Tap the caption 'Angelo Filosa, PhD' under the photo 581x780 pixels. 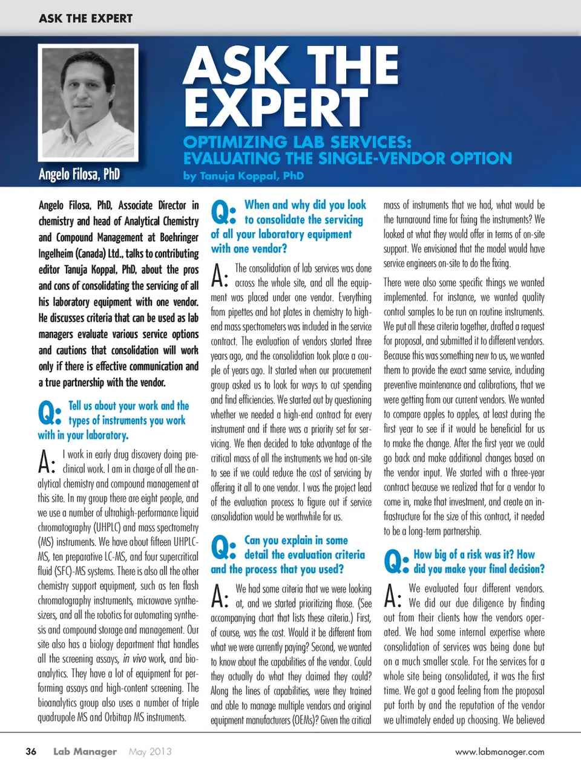coord(79,175)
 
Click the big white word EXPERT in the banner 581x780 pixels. coord(276,108)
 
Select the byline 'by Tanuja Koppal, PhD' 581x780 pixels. coord(243,176)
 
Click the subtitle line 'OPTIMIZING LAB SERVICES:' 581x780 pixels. coord(297,142)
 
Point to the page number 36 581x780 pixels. coord(31,752)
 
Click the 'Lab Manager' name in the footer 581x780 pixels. coord(85,752)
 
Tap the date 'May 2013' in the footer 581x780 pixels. coord(150,752)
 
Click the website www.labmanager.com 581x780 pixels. coord(499,752)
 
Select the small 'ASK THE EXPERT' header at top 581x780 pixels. coord(85,19)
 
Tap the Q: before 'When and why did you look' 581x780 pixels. coord(223,212)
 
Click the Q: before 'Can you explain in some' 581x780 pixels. coord(223,548)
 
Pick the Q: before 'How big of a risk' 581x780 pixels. coord(396,562)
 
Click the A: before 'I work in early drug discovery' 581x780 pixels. coord(47,462)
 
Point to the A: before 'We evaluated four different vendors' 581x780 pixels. coord(393,596)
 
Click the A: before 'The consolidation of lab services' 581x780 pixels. coord(220,276)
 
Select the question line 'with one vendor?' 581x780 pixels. coord(249,249)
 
